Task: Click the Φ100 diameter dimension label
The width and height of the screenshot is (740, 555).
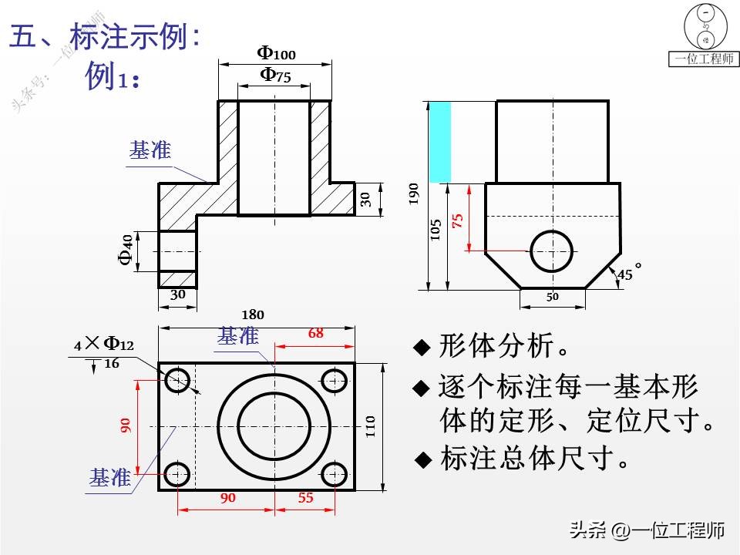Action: [x=276, y=53]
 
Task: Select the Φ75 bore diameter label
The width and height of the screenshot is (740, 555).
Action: [x=275, y=75]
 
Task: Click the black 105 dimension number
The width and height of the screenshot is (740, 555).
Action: [x=436, y=229]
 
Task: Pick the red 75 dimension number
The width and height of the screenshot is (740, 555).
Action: [x=458, y=220]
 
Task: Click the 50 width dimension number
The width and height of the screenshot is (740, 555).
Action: [x=553, y=297]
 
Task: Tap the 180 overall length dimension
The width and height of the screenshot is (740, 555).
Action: [x=253, y=314]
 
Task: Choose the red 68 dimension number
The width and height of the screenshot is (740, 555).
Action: [x=316, y=334]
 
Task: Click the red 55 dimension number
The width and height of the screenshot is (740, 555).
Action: [x=306, y=498]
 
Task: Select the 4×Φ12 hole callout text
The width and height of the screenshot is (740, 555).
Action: [x=104, y=345]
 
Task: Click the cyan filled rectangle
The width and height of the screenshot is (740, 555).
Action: [x=439, y=142]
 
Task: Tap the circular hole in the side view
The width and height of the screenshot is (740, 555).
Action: [x=552, y=251]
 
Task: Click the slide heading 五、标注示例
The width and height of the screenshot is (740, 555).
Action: [x=104, y=37]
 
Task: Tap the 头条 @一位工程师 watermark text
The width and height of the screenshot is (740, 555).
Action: [x=647, y=530]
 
